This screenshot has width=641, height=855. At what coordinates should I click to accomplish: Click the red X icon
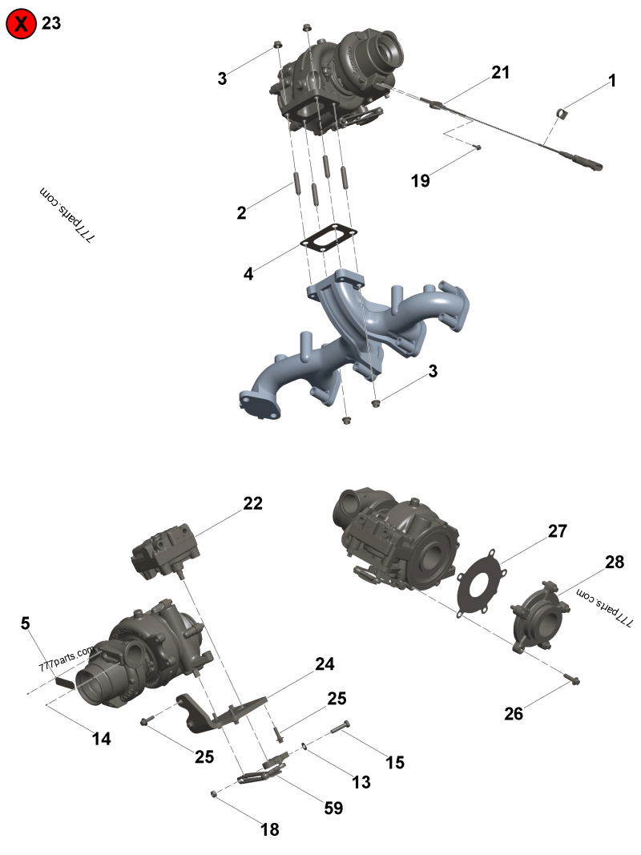22,24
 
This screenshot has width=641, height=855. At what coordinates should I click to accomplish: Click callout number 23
51,23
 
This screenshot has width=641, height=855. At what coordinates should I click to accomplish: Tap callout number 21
500,73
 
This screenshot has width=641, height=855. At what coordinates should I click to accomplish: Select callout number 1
612,80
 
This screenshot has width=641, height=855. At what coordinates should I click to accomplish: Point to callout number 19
421,180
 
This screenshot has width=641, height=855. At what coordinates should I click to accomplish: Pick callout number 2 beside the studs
241,212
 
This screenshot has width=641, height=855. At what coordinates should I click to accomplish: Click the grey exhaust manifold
361,337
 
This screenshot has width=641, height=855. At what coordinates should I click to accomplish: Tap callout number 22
253,503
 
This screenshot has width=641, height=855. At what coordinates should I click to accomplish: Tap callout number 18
270,829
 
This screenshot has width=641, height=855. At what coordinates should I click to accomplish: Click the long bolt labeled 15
341,728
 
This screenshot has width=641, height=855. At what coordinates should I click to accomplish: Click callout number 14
101,739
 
